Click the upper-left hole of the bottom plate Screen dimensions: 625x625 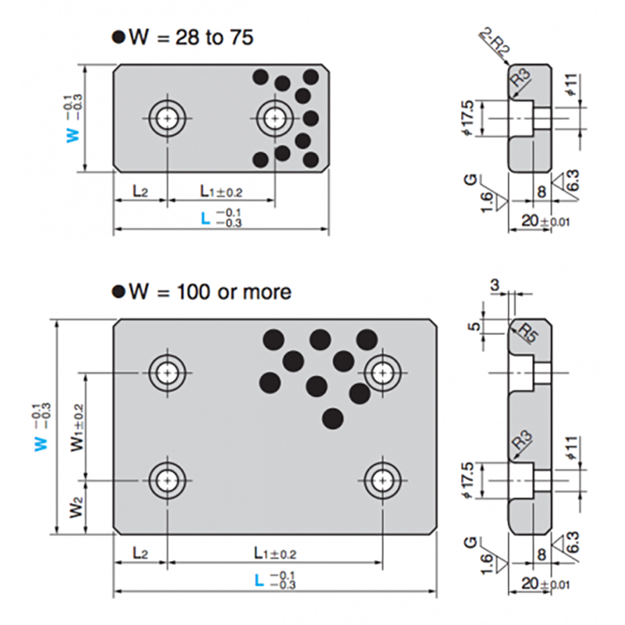point(166,373)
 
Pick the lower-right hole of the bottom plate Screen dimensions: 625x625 point(381,478)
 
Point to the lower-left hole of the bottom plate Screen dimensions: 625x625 point(166,478)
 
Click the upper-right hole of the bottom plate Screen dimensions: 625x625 point(381,373)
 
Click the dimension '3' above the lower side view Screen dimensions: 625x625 point(495,286)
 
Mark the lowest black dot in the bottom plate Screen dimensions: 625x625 point(333,417)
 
